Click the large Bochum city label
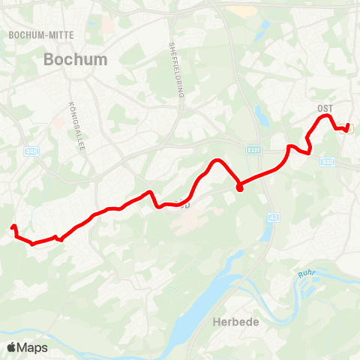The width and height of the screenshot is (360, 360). [x=75, y=59]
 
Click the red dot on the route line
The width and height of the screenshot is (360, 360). [x=239, y=187]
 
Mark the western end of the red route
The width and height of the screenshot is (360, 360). [x=13, y=227]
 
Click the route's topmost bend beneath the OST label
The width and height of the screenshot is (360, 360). [x=325, y=116]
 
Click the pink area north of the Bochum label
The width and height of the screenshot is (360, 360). [x=109, y=25]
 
